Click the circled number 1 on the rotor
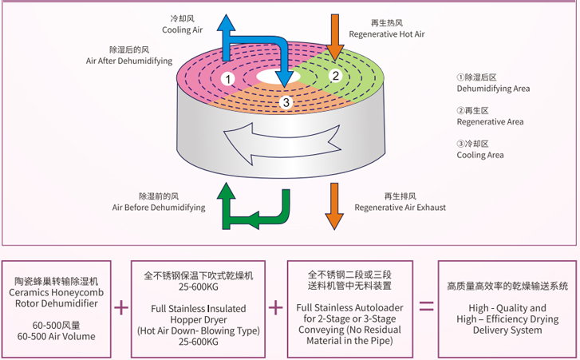pyautogui.click(x=228, y=78)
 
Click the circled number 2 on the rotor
pyautogui.click(x=336, y=76)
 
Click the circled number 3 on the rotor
pyautogui.click(x=286, y=101)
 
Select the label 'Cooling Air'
pyautogui.click(x=183, y=30)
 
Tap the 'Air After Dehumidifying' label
pyautogui.click(x=129, y=61)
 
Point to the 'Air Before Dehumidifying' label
pyautogui.click(x=159, y=208)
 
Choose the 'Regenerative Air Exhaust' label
pyautogui.click(x=400, y=208)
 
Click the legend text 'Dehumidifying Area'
pyautogui.click(x=493, y=89)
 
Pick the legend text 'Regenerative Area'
pyautogui.click(x=490, y=122)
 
